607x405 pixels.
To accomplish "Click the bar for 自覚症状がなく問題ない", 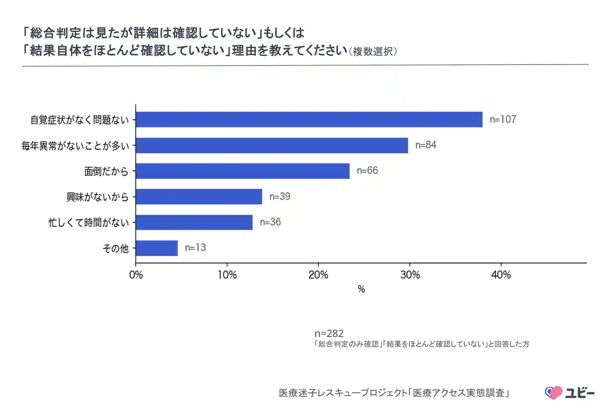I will coord(309,120).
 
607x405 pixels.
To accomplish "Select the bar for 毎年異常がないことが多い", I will coord(272,145).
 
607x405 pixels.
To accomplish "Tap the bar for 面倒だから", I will coord(243,171).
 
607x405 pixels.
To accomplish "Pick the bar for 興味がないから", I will coord(199,197).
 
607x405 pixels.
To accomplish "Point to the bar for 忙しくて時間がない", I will coord(194,222).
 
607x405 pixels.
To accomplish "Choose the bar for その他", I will coord(157,248).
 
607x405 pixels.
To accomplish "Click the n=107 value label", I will coord(503,120).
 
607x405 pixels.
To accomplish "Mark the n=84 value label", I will coord(425,145).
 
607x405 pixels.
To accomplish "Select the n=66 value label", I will coord(367,171).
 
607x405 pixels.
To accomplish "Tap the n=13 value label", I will coord(195,248).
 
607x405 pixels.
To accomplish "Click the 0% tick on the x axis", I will coord(136,275).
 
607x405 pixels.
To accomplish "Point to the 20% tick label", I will coord(318,275).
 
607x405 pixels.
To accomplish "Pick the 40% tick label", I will coord(501,275).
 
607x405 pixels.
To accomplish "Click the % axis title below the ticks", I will coord(361,290).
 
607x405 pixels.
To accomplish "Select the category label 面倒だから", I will coord(107,171).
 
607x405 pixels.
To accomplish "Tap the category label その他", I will coord(116,248).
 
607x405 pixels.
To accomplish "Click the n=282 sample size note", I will coord(329,333).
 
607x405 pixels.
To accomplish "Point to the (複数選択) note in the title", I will coord(373,51).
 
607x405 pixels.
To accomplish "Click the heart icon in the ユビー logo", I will coord(553,393).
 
